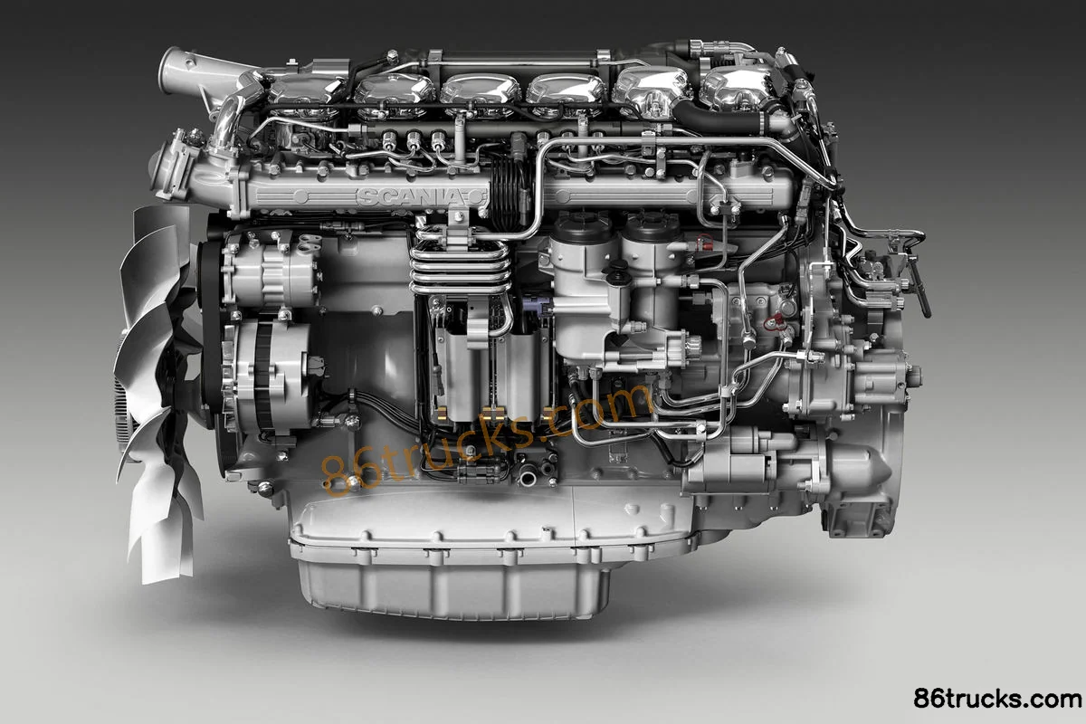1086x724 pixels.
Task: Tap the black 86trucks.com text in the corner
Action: [997, 699]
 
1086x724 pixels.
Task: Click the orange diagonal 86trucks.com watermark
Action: [485, 439]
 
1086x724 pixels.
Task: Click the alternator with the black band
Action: [267, 376]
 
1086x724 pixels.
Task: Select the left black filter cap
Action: [585, 228]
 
